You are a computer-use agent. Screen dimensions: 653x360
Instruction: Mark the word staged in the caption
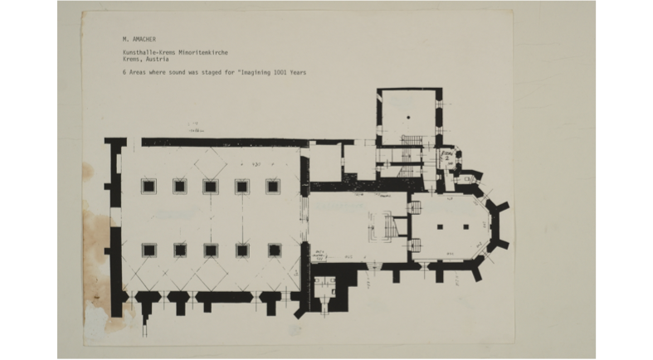pyautogui.click(x=213, y=72)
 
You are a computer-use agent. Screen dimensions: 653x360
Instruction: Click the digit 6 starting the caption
pyautogui.click(x=124, y=72)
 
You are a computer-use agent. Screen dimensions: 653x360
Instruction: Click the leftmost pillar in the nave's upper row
pyautogui.click(x=149, y=186)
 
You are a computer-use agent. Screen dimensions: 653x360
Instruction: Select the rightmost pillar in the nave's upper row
pyautogui.click(x=273, y=186)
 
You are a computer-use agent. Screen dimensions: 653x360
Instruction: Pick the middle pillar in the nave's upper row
pyautogui.click(x=211, y=186)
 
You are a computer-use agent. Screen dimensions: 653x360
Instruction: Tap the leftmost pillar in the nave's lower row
pyautogui.click(x=149, y=250)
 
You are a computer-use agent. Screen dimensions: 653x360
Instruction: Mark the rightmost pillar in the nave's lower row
pyautogui.click(x=273, y=250)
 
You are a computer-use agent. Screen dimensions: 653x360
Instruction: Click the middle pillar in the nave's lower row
pyautogui.click(x=211, y=250)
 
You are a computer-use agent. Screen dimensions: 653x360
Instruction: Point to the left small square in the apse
pyautogui.click(x=442, y=226)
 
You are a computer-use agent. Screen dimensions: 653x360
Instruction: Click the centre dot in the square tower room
pyautogui.click(x=408, y=119)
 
